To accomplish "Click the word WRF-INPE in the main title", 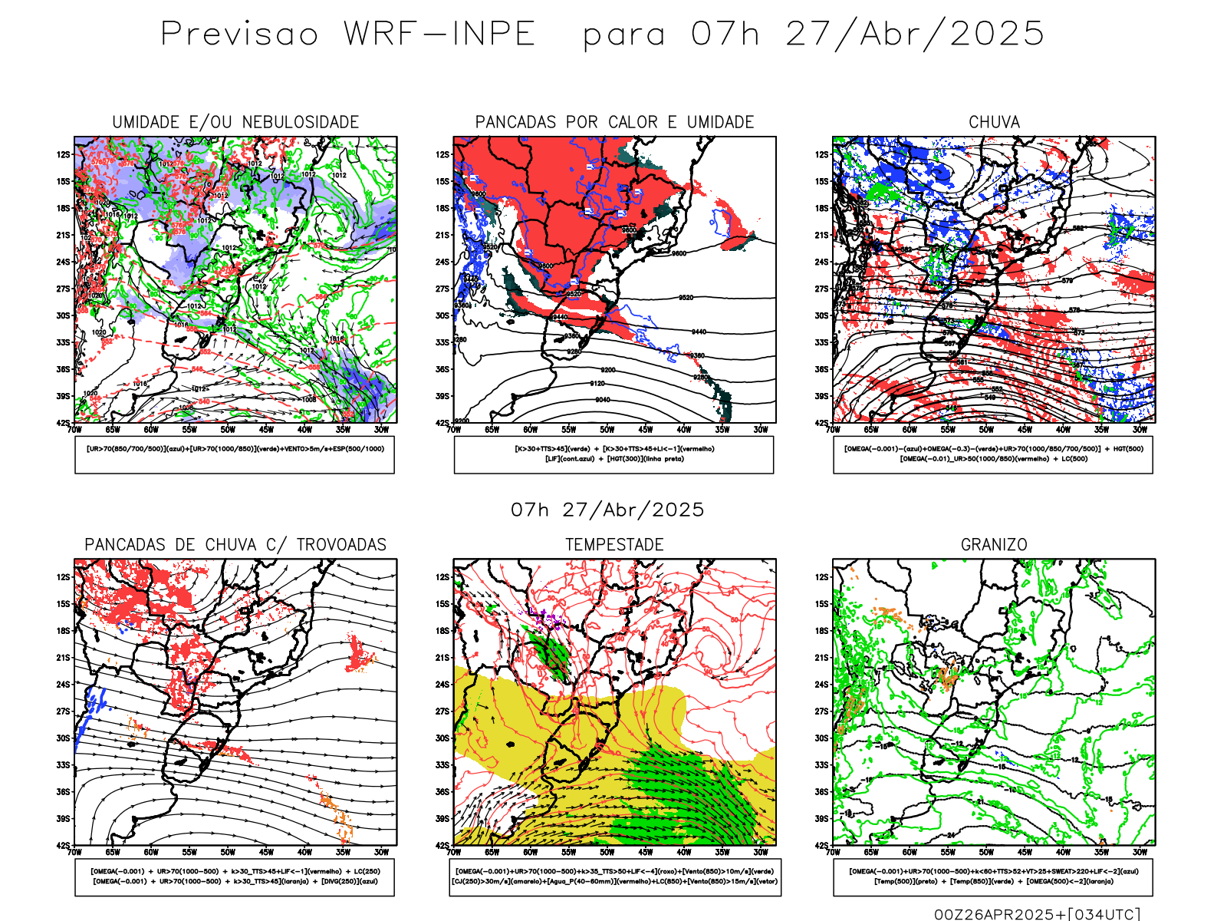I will point(439,34).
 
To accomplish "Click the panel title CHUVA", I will point(994,122).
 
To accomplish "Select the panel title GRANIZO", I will point(994,545).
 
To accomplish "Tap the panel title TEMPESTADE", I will point(614,545).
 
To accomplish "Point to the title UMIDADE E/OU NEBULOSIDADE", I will point(235,122).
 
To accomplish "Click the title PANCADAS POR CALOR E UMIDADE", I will point(614,122).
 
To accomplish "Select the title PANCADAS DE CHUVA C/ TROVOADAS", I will point(235,545).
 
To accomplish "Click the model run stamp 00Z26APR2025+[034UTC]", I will point(1037,914).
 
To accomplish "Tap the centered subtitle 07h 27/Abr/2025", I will point(607,510).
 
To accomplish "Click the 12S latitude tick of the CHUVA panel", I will point(822,154).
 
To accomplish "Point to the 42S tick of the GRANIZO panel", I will point(822,845).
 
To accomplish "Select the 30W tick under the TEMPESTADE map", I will point(760,852).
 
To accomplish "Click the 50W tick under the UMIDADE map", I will point(228,430).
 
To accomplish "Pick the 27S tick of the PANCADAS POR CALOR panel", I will point(442,289).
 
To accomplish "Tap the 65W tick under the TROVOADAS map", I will point(113,852).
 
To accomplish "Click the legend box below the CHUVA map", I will point(993,454).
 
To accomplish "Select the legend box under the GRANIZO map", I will point(993,876).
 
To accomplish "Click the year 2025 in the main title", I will point(997,34).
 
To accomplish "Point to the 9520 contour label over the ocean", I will point(686,298).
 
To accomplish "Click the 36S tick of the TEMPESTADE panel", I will point(442,791).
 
